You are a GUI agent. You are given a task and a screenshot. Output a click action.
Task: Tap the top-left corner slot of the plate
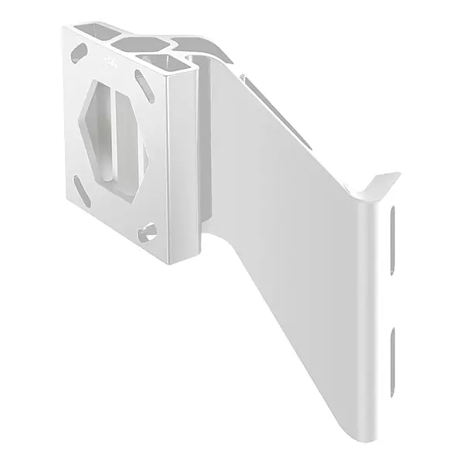(79, 53)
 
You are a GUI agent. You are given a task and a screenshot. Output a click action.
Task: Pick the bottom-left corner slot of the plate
(80, 186)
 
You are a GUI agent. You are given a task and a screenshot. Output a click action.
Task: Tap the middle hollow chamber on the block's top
(145, 43)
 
